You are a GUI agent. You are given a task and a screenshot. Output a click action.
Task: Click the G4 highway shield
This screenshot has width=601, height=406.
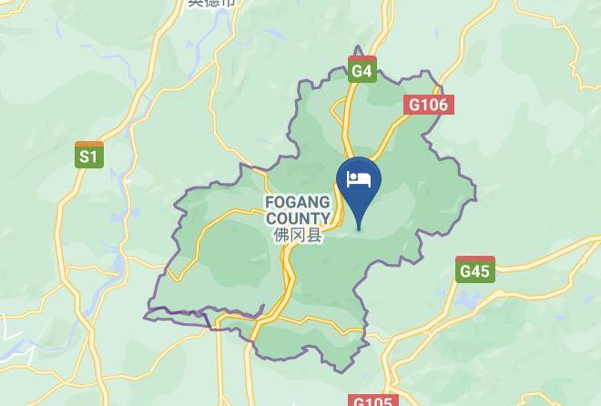coord(362,69)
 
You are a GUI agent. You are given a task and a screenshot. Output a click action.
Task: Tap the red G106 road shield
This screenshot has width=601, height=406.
coord(428,105)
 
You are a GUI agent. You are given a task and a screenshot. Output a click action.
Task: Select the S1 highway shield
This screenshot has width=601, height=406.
coord(88,156)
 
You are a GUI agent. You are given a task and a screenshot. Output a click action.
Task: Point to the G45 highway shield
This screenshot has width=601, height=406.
coord(474,269)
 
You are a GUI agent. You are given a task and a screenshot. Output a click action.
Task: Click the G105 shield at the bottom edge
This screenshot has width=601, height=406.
coord(372,401)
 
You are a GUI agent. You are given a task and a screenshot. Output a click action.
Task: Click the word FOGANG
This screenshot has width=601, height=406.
coord(298,202)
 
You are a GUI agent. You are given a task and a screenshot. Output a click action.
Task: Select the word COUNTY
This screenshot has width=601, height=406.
coord(298,218)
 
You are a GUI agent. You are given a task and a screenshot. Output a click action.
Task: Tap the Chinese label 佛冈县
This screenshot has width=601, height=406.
coord(298,236)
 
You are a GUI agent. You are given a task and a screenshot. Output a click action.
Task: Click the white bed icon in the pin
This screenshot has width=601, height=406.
coord(359,178)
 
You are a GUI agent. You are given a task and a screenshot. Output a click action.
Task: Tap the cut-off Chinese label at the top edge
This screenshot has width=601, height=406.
coord(211,4)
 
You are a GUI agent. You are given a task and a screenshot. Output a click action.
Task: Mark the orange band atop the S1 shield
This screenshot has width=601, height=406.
coord(88,144)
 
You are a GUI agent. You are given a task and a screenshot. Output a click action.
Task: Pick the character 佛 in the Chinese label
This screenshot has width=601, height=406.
coord(281,236)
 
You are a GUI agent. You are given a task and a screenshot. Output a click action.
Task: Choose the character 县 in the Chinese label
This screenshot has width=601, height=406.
coord(314,236)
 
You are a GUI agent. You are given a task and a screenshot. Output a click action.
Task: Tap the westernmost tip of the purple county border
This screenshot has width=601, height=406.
coord(145,316)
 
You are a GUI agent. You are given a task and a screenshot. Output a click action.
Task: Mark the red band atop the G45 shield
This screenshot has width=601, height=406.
coord(474,259)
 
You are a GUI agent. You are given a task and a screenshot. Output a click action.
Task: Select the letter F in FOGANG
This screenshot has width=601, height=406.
coord(270,202)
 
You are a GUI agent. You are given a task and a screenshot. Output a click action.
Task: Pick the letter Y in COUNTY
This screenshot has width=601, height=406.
coord(325,218)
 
